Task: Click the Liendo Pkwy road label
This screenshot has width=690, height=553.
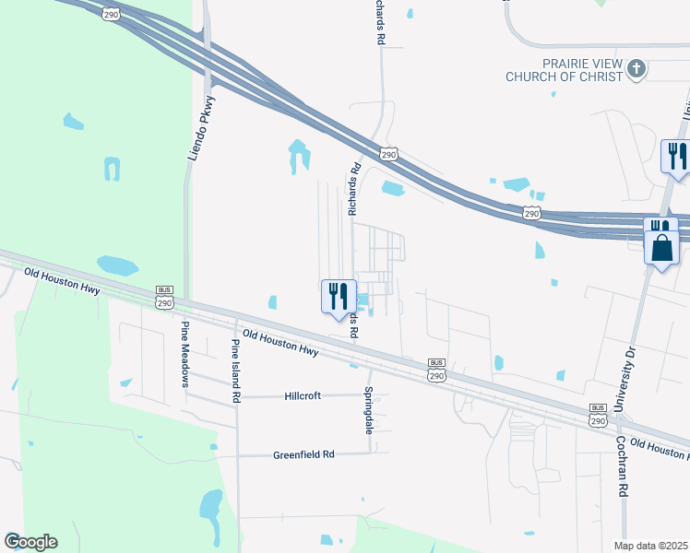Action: (x=201, y=128)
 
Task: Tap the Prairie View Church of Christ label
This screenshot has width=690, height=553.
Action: (x=565, y=70)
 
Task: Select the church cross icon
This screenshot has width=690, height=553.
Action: (x=636, y=69)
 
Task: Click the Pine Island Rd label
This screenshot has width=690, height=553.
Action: (x=236, y=371)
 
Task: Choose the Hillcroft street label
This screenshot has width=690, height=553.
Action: (x=303, y=395)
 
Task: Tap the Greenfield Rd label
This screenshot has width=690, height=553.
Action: (x=303, y=454)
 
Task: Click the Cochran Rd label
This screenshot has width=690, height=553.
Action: (x=624, y=466)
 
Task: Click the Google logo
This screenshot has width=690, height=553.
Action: (x=30, y=542)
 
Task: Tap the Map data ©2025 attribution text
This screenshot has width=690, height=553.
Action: (x=651, y=546)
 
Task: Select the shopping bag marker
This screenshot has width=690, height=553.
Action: (x=662, y=250)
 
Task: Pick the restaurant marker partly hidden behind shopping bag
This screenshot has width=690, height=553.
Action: (x=660, y=225)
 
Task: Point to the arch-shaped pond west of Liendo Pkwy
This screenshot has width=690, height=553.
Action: (x=112, y=170)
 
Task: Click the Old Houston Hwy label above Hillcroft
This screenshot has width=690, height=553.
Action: (x=280, y=344)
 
